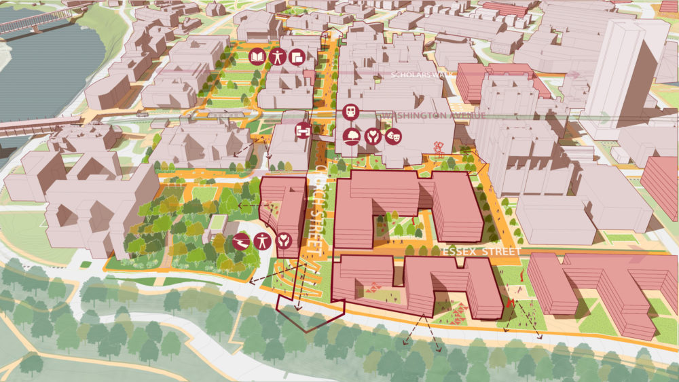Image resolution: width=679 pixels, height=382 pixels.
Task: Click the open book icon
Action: [x=258, y=56]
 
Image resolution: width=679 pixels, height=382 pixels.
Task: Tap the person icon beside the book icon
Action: [x=277, y=56]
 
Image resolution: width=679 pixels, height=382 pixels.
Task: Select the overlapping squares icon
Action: [x=296, y=57]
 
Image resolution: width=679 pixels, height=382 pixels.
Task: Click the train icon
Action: [x=351, y=113]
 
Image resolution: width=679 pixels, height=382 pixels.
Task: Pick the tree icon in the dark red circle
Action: [x=351, y=136]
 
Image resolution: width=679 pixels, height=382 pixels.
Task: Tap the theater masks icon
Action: [x=391, y=136]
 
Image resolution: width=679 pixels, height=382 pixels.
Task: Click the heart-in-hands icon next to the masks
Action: [x=371, y=136]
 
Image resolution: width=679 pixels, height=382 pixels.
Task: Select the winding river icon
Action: [x=240, y=240]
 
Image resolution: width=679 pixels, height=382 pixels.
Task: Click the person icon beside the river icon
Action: [x=262, y=240]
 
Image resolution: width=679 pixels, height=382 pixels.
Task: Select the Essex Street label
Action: [x=481, y=252]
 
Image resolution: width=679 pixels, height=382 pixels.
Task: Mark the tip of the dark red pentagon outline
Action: [x=308, y=331]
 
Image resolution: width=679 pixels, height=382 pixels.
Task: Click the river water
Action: [x=41, y=75]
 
